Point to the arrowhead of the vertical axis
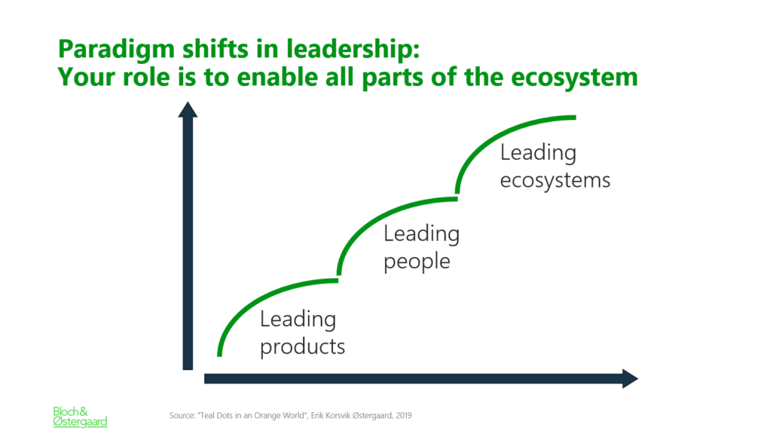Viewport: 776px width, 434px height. [188, 109]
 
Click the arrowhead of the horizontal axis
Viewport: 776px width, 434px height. [630, 378]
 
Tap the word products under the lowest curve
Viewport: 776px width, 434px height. [302, 347]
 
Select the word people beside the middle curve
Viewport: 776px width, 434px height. [417, 261]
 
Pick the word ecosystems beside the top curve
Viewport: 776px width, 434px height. [555, 181]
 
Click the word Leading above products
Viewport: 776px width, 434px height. [298, 319]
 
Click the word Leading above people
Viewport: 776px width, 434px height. [422, 234]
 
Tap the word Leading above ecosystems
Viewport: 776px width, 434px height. [538, 152]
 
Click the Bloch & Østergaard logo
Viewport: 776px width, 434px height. [80, 417]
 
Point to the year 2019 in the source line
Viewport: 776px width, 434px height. [403, 416]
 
